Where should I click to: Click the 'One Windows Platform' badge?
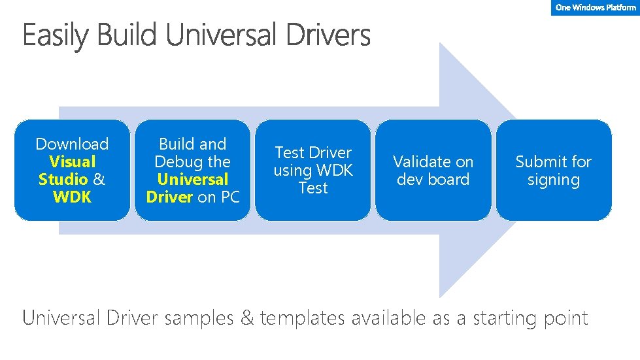coord(595,8)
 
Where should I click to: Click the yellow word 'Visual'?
coord(72,161)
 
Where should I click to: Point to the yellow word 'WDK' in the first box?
coord(72,197)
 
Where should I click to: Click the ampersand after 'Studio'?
coord(99,179)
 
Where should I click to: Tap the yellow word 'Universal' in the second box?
coord(192,179)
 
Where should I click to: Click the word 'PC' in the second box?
coord(228,197)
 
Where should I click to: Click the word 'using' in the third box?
coord(292,171)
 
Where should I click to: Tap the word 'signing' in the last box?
coord(553,180)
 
